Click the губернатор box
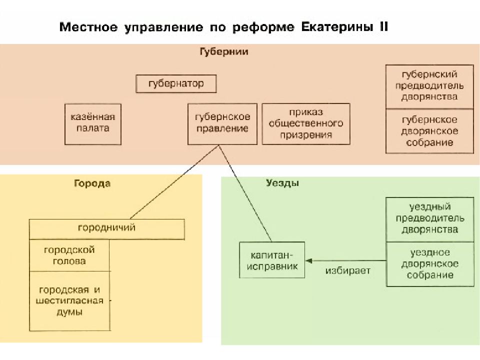[x=176, y=83]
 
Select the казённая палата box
[x=93, y=124]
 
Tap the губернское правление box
[x=222, y=124]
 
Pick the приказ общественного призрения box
[x=306, y=124]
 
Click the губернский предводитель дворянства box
[x=429, y=86]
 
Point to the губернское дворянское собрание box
[x=429, y=131]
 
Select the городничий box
[x=107, y=229]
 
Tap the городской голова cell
[x=69, y=255]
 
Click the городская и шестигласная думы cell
[x=69, y=301]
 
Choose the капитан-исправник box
[x=272, y=260]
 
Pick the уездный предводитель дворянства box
[x=430, y=219]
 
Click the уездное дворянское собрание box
[x=430, y=264]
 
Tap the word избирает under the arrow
[x=348, y=271]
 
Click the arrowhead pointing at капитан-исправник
[x=308, y=261]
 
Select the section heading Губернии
[x=224, y=51]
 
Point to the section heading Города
[x=92, y=183]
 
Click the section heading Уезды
[x=282, y=183]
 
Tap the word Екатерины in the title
[x=337, y=27]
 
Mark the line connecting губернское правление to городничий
[x=174, y=182]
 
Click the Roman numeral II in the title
[x=384, y=26]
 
